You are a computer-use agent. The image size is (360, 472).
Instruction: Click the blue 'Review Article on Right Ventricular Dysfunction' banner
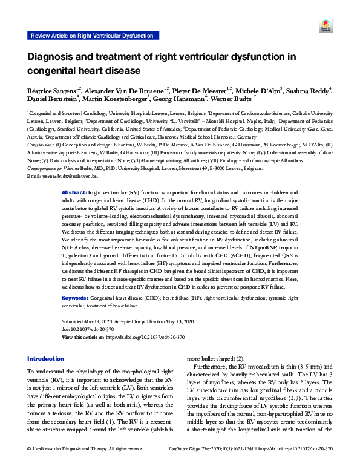[91, 36]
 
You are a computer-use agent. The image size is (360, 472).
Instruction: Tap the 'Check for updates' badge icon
[325, 26]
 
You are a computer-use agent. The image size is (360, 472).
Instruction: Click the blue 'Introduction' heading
[46, 359]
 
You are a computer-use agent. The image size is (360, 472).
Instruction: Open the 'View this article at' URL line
[123, 336]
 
